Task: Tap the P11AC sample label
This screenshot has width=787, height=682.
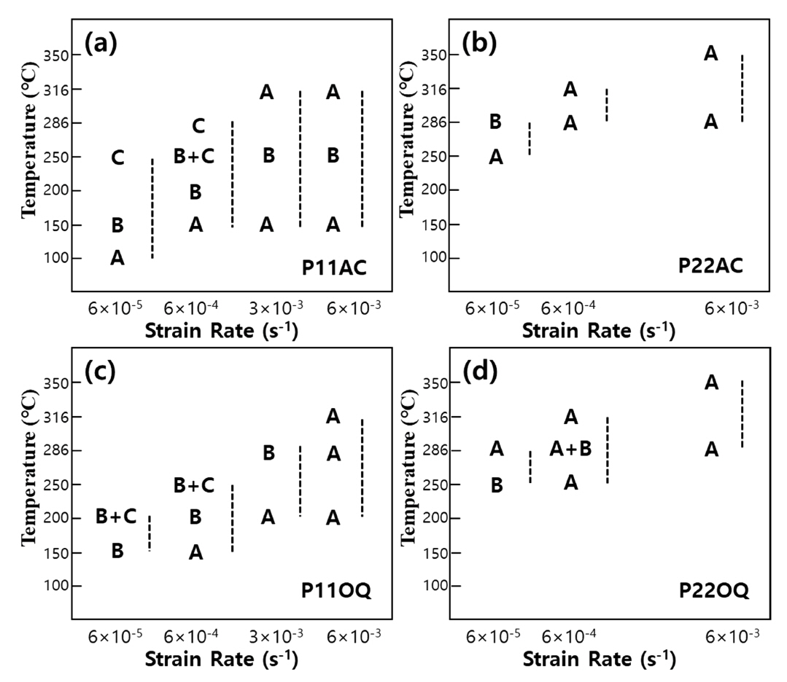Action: (x=334, y=267)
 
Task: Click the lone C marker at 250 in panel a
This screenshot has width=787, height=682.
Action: (x=117, y=157)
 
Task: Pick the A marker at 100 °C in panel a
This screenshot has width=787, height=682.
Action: (x=117, y=258)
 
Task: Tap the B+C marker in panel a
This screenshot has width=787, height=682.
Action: (x=193, y=157)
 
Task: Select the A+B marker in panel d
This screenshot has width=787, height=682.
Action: (x=570, y=450)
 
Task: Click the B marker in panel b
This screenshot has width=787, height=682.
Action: (x=495, y=122)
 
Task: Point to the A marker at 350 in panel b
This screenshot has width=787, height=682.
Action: (x=711, y=53)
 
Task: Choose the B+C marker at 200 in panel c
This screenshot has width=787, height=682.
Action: (x=117, y=517)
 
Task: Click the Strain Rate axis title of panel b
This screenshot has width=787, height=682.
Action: (x=598, y=330)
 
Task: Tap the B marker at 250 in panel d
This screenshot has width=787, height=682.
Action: (x=496, y=485)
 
